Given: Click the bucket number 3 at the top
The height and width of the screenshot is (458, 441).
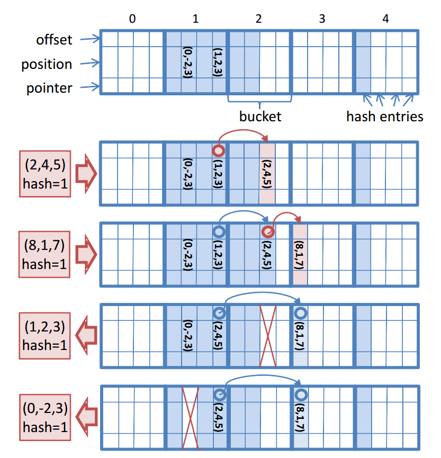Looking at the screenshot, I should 322,19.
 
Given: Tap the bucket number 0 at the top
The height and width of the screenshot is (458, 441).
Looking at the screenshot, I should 132,19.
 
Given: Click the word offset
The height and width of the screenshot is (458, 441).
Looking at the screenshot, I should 55,40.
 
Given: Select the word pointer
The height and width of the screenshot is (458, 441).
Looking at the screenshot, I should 49,88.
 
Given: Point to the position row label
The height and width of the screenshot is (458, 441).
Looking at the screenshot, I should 47,64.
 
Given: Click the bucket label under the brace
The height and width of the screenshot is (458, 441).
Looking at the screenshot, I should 259,116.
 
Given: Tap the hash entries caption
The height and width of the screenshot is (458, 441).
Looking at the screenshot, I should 385,116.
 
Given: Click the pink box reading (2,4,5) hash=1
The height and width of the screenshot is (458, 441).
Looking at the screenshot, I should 45,173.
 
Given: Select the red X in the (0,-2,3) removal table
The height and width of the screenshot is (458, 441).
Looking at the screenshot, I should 190,417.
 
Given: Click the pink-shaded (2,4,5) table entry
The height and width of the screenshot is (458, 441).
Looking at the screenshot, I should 268,173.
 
